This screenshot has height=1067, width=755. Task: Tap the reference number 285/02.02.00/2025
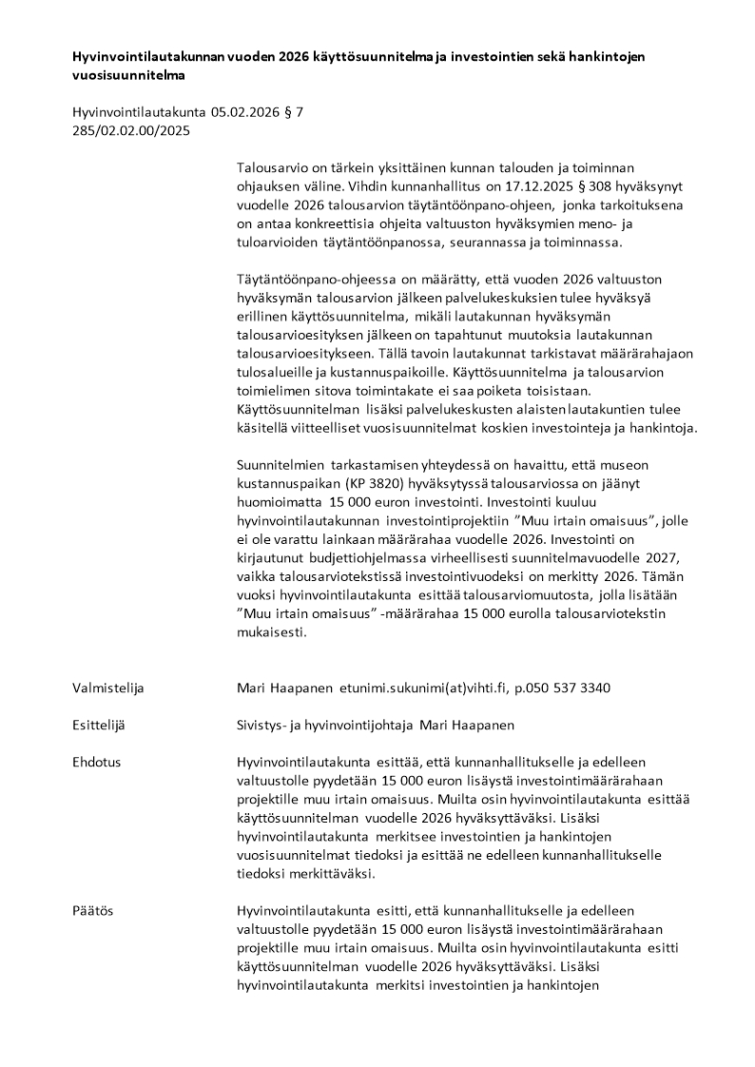coord(131,130)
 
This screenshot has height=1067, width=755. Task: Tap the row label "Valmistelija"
coord(108,687)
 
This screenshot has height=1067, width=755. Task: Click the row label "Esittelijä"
coord(99,725)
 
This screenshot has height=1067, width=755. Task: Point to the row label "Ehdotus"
coord(97,762)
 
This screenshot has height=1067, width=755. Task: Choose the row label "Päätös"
coord(93,910)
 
